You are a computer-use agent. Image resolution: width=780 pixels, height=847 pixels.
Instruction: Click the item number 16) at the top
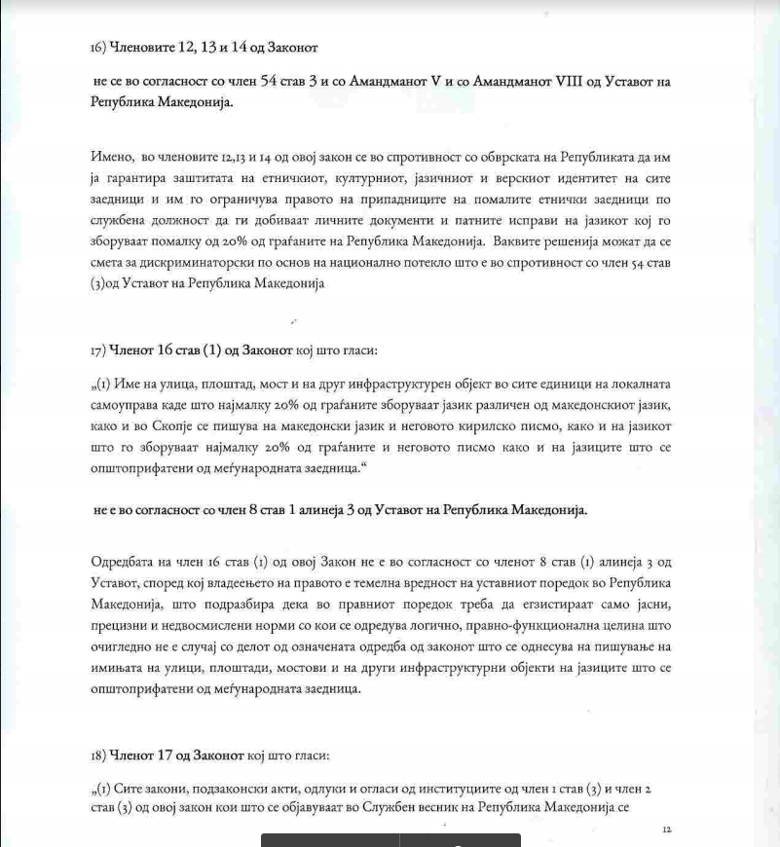coord(96,46)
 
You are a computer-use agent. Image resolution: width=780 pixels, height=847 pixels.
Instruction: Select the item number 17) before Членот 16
coord(96,349)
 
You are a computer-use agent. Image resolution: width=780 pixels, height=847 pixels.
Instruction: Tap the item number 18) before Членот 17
coord(96,755)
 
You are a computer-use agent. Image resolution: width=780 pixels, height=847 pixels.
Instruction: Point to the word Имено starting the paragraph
coord(111,158)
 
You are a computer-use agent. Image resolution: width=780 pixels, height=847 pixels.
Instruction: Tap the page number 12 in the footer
coord(666,829)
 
